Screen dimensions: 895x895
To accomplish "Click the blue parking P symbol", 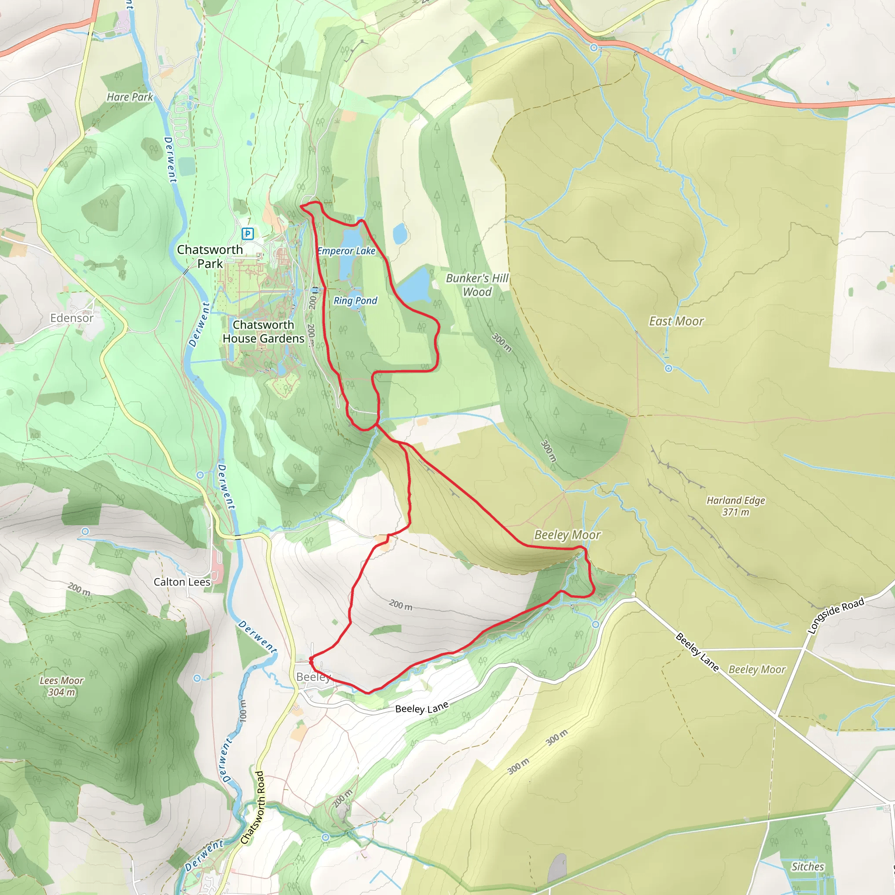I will point(248,233).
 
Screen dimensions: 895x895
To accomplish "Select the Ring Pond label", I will point(355,301).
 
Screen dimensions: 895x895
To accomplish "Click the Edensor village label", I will point(72,318).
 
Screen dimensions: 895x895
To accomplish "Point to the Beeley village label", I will point(313,677).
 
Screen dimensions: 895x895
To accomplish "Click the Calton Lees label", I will point(182,582).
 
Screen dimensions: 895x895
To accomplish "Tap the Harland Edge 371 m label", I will point(735,506).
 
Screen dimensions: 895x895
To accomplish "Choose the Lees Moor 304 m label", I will point(61,686).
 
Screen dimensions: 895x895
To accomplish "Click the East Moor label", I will point(676,321).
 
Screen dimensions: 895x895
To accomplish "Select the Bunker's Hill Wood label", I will point(477,284).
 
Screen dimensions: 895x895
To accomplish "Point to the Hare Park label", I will point(130,97).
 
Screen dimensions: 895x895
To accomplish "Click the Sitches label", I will point(808,867).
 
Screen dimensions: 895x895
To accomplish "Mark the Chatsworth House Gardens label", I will point(263,332).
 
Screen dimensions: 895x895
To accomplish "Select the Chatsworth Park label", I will point(210,256).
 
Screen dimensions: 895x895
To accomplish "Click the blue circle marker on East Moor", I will point(669,368).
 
